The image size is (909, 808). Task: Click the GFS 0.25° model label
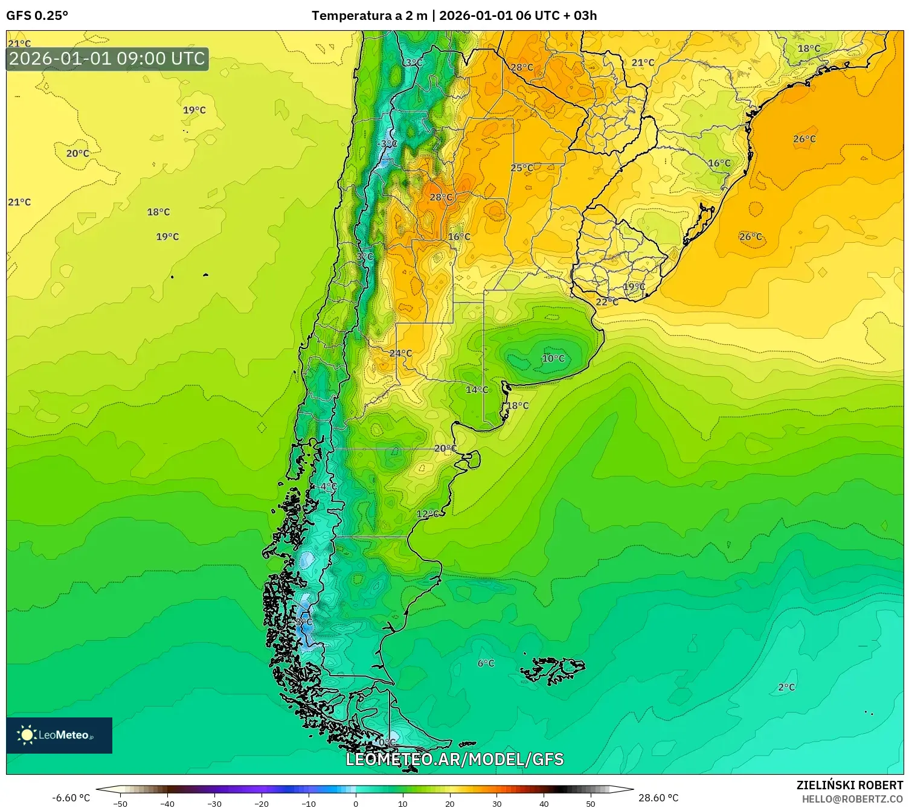(x=37, y=16)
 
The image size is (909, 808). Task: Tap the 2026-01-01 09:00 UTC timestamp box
(x=107, y=59)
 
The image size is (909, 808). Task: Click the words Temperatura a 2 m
(x=369, y=16)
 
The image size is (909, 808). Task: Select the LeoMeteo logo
(x=59, y=735)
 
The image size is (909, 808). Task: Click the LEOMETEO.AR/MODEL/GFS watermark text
(x=454, y=759)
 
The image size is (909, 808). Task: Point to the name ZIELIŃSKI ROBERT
(x=849, y=785)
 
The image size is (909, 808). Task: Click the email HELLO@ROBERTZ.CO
(x=852, y=799)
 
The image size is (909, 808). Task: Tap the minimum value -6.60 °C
(x=71, y=798)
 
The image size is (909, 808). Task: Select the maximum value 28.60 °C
(x=658, y=798)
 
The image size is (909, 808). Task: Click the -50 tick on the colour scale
(x=120, y=803)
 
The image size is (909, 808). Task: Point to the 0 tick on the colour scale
(x=356, y=803)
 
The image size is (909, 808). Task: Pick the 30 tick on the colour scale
(x=496, y=803)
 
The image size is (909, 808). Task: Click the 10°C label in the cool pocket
(x=553, y=358)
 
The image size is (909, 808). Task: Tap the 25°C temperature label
(x=522, y=168)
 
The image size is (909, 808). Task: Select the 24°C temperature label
(x=400, y=353)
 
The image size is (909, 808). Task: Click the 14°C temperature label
(x=477, y=390)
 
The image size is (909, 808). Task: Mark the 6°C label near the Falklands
(x=486, y=663)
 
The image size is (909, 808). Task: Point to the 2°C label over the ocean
(x=786, y=687)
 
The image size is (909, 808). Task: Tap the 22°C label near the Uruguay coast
(x=607, y=302)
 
